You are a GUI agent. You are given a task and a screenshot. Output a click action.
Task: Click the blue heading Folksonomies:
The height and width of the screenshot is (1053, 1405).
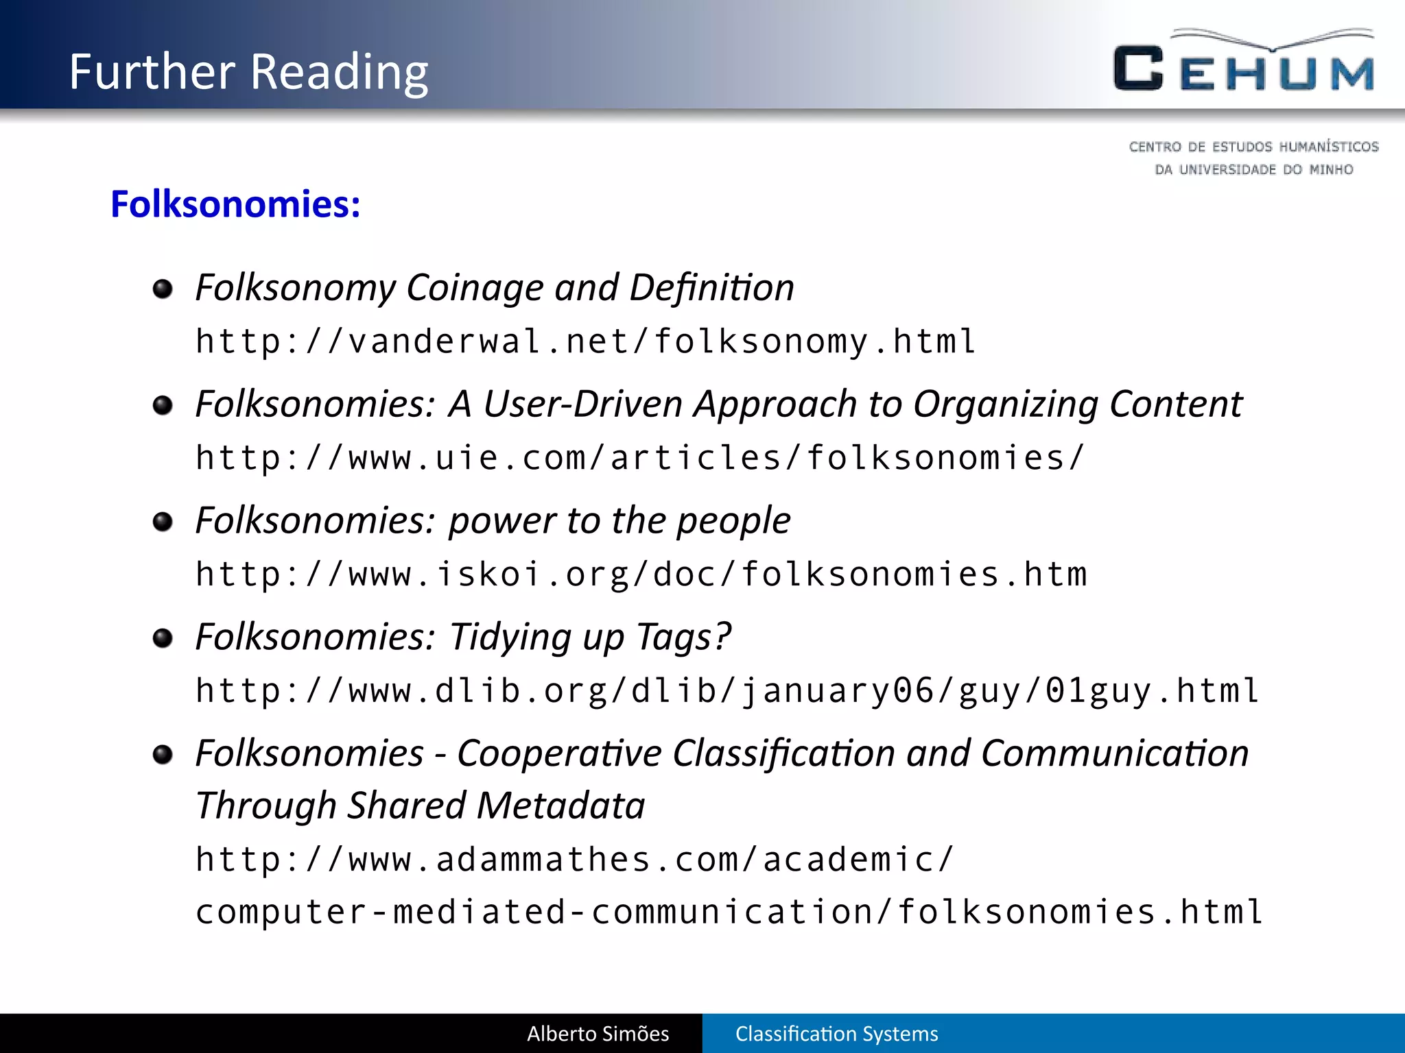pyautogui.click(x=235, y=204)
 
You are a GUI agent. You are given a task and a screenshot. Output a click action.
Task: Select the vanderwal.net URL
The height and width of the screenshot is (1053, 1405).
pyautogui.click(x=585, y=341)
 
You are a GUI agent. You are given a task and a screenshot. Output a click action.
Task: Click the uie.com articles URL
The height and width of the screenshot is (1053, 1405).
pyautogui.click(x=639, y=458)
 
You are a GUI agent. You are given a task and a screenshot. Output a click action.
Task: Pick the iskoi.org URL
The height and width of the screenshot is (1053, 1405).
pyautogui.click(x=641, y=574)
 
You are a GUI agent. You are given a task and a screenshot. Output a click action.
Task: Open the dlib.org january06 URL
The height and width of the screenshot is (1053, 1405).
pyautogui.click(x=727, y=690)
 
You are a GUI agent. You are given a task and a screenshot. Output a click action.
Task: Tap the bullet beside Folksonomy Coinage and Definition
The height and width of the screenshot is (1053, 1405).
pyautogui.click(x=163, y=289)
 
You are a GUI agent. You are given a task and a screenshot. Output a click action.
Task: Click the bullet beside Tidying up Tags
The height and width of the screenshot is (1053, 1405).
pyautogui.click(x=163, y=638)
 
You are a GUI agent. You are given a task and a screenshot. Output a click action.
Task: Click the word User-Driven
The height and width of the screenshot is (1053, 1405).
pyautogui.click(x=582, y=404)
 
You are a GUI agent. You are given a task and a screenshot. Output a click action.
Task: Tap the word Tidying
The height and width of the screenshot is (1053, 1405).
pyautogui.click(x=510, y=637)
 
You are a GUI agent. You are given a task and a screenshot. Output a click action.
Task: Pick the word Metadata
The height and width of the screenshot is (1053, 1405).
pyautogui.click(x=560, y=806)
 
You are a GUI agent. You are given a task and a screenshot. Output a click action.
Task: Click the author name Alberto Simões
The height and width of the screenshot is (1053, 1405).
pyautogui.click(x=598, y=1034)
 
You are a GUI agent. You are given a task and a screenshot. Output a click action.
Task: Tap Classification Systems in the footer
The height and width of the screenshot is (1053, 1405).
pyautogui.click(x=836, y=1034)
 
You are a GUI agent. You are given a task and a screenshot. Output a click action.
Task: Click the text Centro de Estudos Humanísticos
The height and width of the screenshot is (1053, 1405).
pyautogui.click(x=1253, y=147)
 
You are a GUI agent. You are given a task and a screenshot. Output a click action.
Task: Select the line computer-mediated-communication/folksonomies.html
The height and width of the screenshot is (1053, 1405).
pyautogui.click(x=729, y=912)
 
